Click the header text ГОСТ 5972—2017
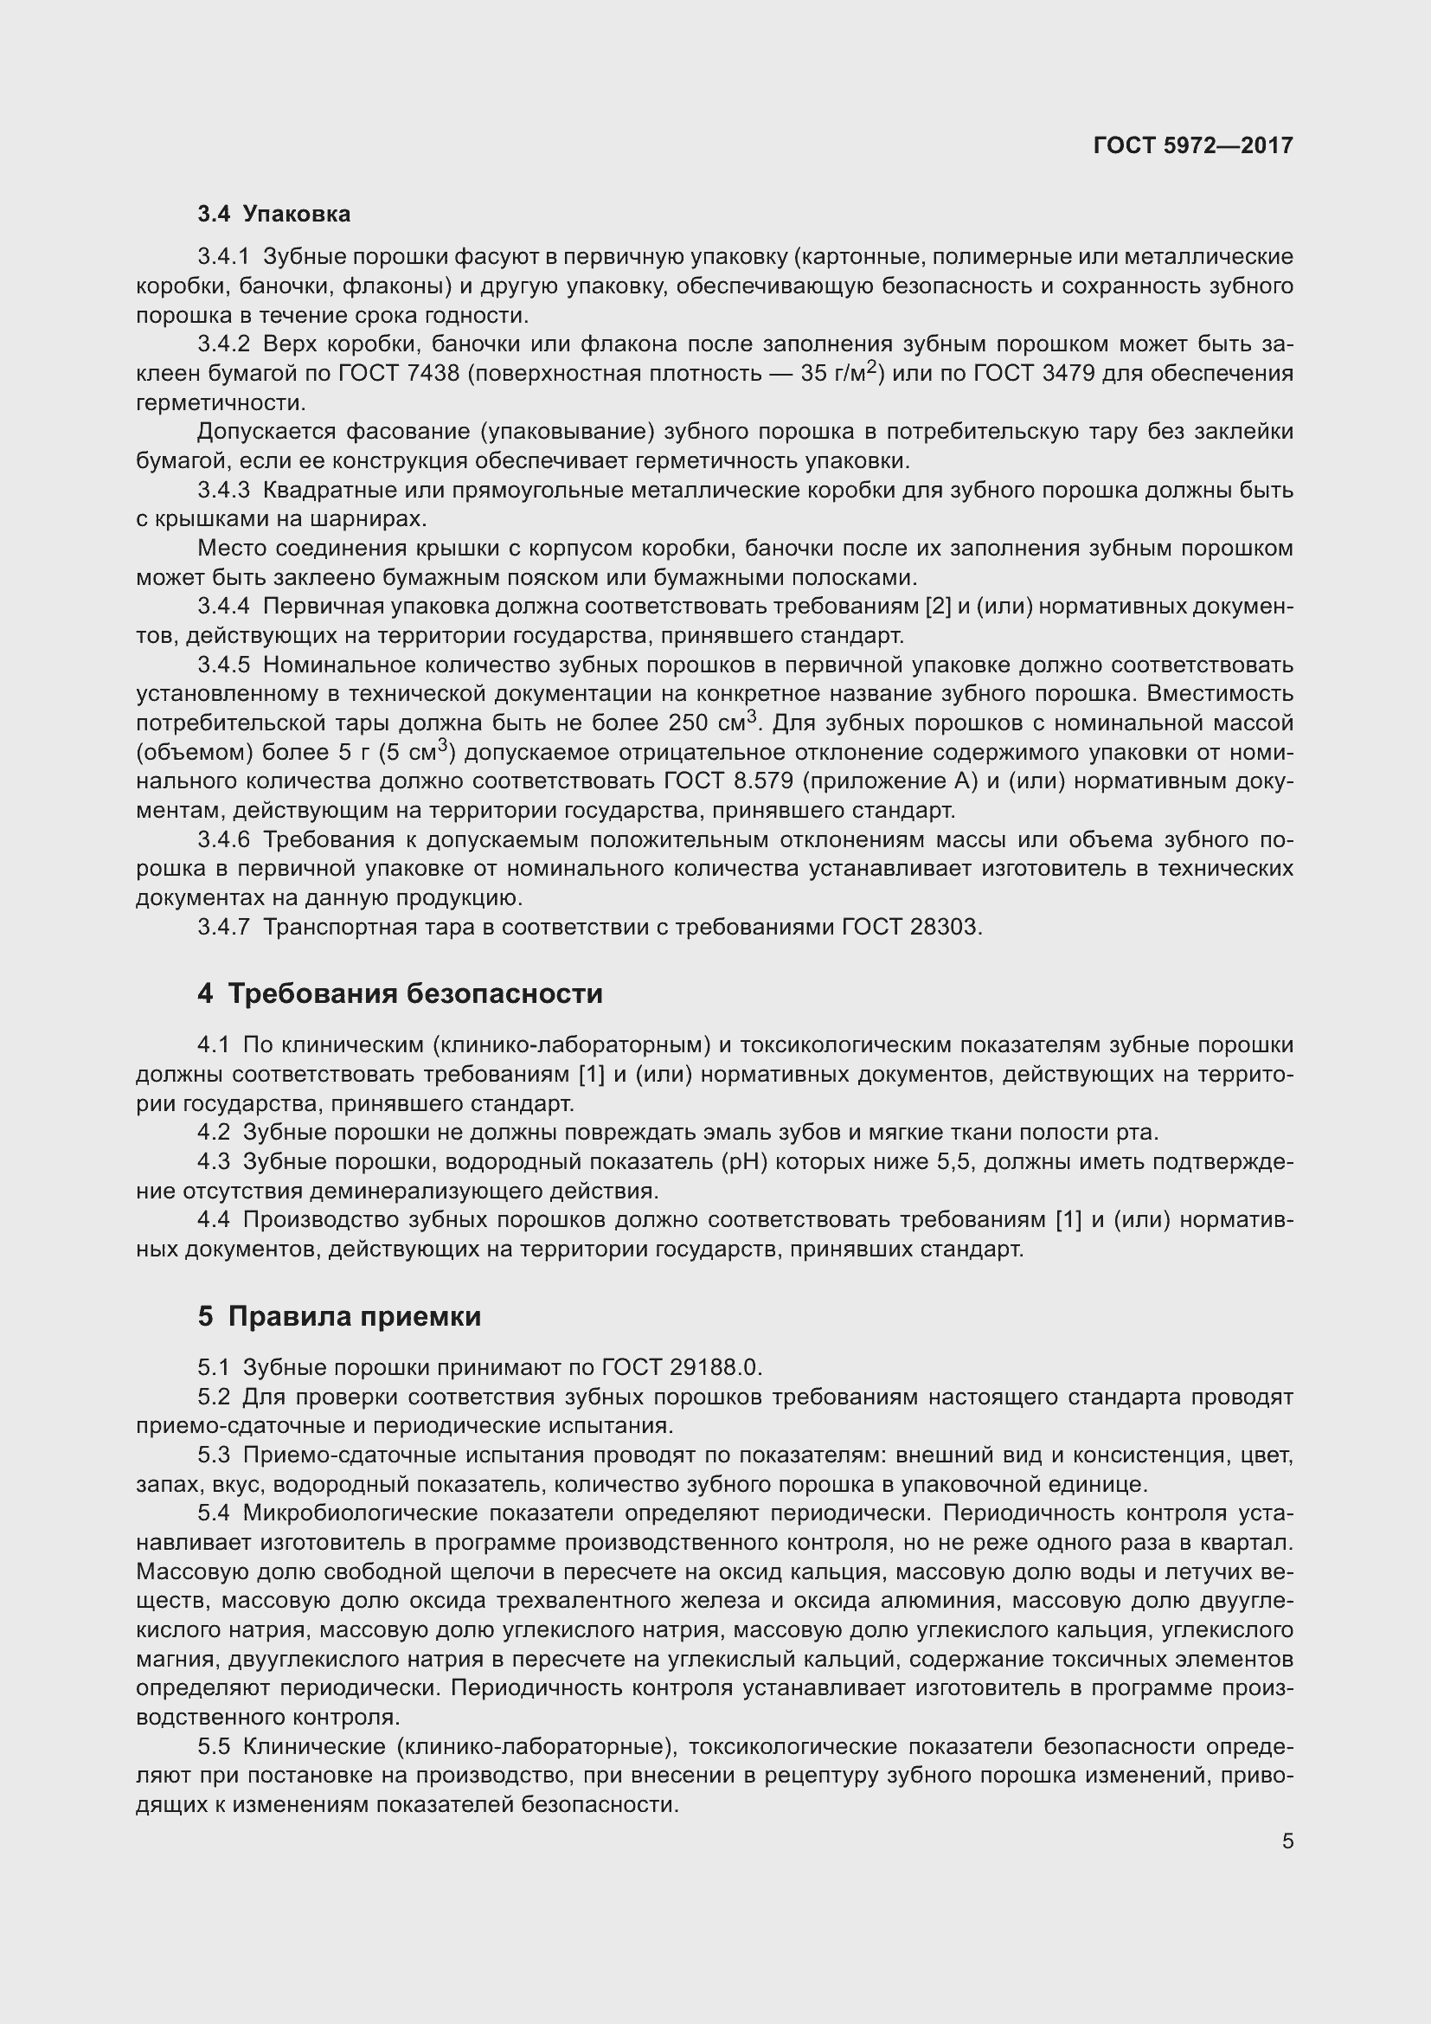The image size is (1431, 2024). tap(1192, 145)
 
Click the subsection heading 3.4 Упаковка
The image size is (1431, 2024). tap(273, 215)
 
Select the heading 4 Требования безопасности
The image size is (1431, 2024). tap(400, 993)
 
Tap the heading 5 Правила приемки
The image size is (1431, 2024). tap(339, 1316)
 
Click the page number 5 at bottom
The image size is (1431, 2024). tap(1287, 1841)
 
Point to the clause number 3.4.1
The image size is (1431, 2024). tap(224, 256)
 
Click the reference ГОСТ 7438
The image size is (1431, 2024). tap(398, 374)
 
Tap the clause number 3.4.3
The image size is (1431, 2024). tap(224, 490)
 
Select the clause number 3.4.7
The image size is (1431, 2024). tap(224, 927)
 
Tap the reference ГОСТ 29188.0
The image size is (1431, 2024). tap(681, 1367)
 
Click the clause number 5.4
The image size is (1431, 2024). tap(213, 1513)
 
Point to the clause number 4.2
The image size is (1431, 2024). tap(213, 1132)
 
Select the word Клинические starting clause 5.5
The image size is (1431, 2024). tap(313, 1746)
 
